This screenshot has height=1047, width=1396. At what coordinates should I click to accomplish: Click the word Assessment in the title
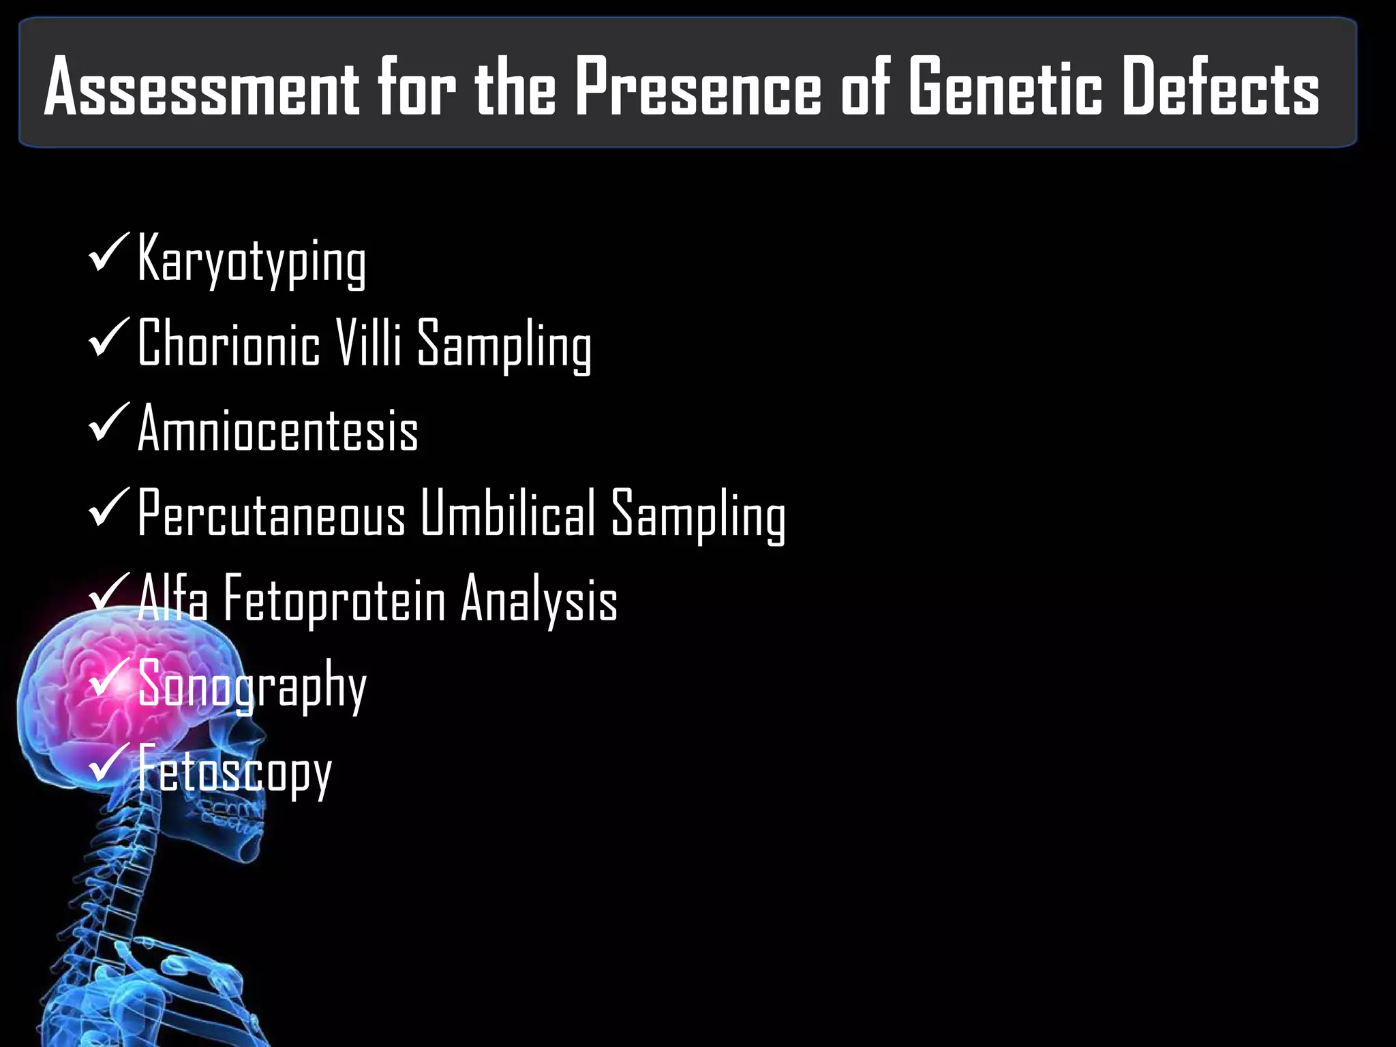coord(202,87)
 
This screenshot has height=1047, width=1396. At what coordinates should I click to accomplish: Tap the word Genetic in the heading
coord(1005,87)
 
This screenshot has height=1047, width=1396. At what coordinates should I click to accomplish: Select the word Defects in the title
coord(1220,87)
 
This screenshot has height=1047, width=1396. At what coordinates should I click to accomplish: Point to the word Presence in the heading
coord(699,87)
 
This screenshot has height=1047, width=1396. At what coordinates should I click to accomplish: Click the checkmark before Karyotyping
coord(108,253)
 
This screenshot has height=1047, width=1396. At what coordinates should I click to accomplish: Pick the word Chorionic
coord(228,343)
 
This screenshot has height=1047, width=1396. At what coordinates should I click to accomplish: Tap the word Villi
coord(369,343)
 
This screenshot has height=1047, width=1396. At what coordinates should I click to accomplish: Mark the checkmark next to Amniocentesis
coord(108,423)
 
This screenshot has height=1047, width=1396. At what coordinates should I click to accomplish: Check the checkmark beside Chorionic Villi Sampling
coord(108,338)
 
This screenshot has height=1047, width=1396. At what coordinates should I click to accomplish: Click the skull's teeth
coord(235,815)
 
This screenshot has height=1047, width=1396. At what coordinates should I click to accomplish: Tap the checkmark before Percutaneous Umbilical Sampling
coord(108,509)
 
